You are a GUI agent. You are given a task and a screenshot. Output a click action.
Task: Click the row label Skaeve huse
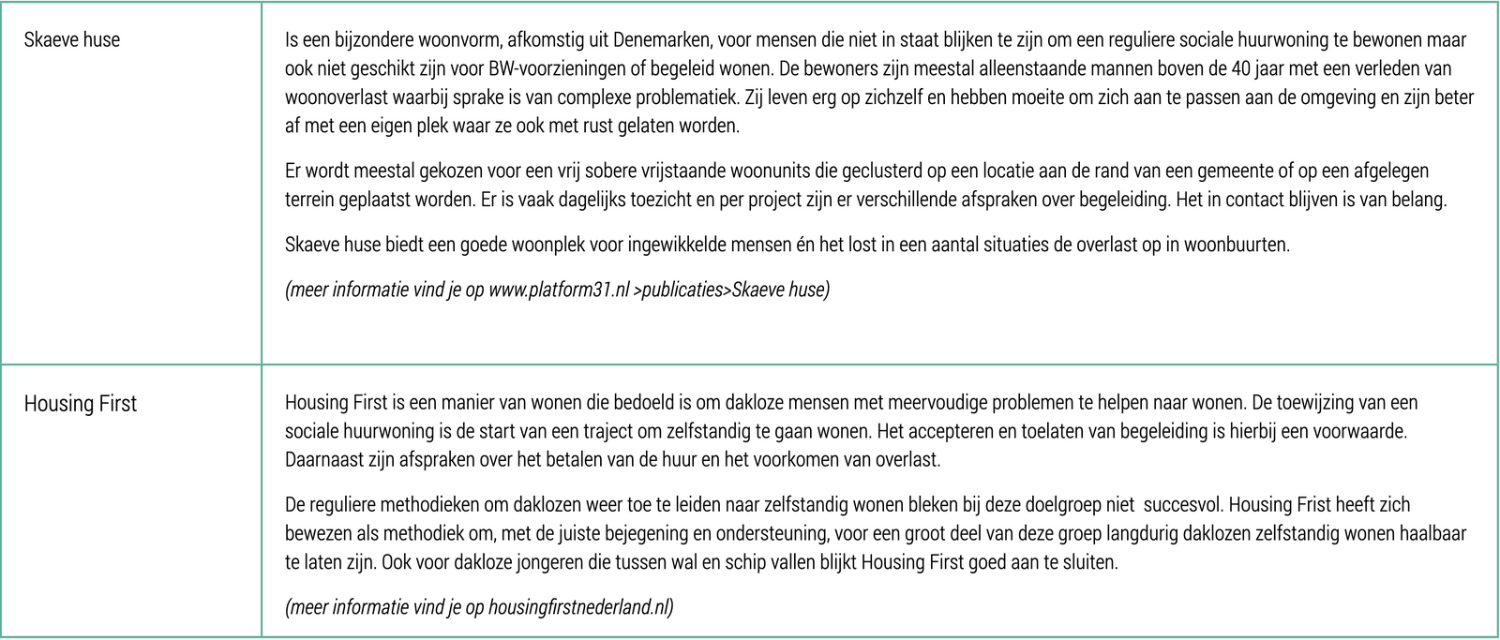(x=72, y=40)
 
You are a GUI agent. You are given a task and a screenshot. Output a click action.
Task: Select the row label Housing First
(x=81, y=404)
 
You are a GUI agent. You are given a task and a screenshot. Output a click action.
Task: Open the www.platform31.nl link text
(x=559, y=290)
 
